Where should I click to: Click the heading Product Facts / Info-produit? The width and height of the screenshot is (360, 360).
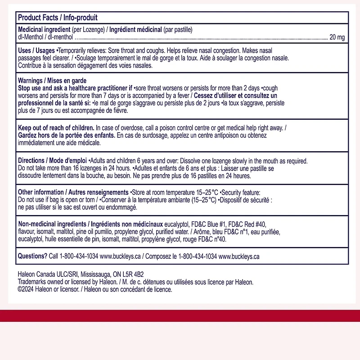tap(58, 18)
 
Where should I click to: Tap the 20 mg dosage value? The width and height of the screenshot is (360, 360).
tap(337, 37)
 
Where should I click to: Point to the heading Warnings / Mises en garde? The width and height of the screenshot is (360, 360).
tap(52, 80)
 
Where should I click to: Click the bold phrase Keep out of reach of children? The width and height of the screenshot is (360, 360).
tap(56, 128)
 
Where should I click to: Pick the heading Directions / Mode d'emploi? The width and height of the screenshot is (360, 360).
tap(53, 161)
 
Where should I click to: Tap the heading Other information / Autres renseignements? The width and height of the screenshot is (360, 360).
tap(73, 192)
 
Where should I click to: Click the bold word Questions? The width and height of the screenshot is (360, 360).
tap(32, 256)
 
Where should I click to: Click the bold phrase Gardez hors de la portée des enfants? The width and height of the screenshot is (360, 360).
tap(66, 135)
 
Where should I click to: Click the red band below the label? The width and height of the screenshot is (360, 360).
tap(180, 315)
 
